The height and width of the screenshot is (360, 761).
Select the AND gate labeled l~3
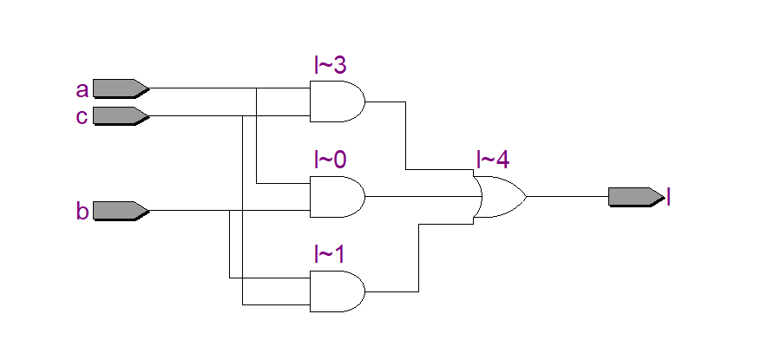(337, 101)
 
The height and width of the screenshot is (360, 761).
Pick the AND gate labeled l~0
(337, 197)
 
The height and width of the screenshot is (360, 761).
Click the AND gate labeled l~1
(337, 291)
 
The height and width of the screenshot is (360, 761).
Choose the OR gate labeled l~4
(498, 196)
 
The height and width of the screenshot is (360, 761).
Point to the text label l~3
(331, 64)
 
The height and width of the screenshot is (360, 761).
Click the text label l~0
(331, 160)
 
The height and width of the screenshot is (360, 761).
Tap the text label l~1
(331, 254)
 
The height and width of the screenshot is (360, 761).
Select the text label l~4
(492, 160)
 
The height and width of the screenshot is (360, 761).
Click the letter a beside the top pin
(82, 89)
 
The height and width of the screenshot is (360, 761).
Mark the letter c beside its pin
(82, 116)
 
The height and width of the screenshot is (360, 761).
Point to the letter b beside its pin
(82, 210)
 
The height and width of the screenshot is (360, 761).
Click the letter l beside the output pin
(669, 197)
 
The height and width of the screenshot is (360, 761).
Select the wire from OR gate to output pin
(568, 196)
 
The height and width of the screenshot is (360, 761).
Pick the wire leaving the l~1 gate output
(420, 260)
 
